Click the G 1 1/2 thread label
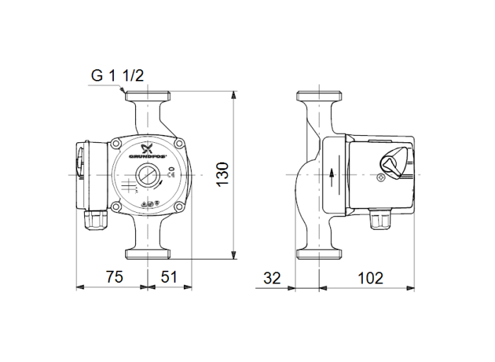(x=117, y=76)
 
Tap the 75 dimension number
(x=112, y=277)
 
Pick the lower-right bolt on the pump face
(x=180, y=206)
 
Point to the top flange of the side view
(x=320, y=95)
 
